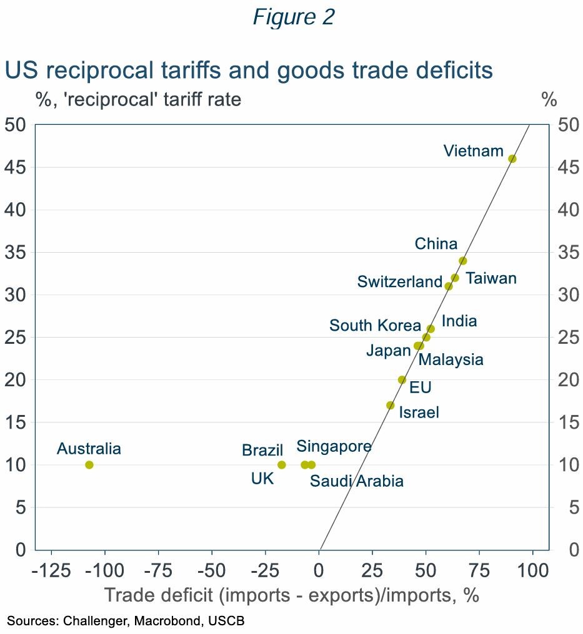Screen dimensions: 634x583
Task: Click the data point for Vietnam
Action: tap(512, 158)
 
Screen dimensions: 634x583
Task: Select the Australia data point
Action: tap(89, 465)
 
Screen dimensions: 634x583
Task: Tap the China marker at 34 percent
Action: tap(462, 261)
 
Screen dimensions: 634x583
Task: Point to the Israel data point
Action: tap(391, 405)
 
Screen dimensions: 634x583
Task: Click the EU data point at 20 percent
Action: tap(402, 379)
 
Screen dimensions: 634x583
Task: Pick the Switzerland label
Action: tap(400, 282)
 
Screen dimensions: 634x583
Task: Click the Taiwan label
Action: tap(491, 278)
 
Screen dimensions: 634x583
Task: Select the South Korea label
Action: tap(375, 326)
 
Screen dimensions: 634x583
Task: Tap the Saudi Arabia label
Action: tap(357, 481)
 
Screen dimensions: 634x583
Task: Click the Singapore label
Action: tap(334, 446)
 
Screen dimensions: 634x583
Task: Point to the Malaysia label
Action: tap(451, 359)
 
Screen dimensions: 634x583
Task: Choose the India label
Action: tap(459, 321)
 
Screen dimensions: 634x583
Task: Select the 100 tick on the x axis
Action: tap(532, 571)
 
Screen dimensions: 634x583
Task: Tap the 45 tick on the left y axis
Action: tap(16, 167)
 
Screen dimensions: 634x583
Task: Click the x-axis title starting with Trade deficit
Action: tap(291, 595)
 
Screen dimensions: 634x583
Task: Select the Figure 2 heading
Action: tap(294, 17)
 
